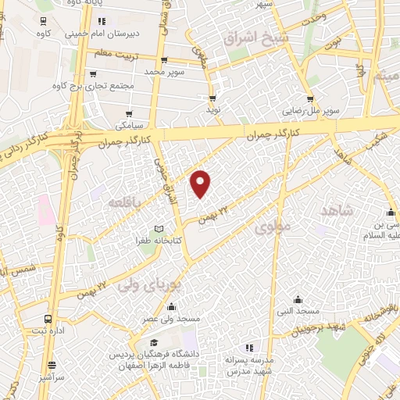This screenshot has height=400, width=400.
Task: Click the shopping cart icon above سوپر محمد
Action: (163, 60)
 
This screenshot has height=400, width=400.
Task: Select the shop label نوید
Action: (212, 110)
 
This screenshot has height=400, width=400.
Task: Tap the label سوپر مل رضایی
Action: (310, 111)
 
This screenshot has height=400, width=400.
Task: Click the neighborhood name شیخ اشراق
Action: (256, 37)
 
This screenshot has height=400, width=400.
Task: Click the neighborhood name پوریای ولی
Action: (144, 284)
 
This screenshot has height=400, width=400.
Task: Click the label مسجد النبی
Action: (298, 311)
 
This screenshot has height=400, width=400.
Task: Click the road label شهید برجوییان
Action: (316, 327)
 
